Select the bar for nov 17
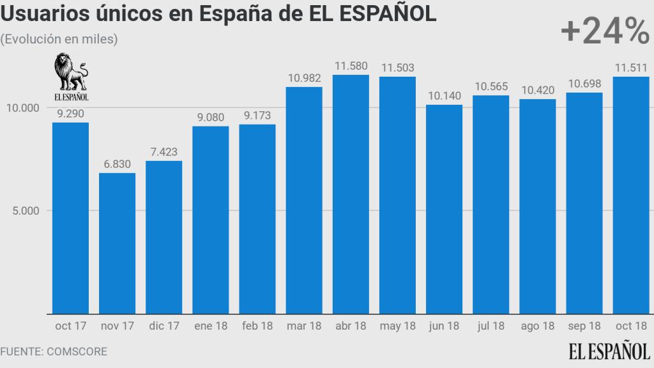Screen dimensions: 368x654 pyautogui.click(x=117, y=243)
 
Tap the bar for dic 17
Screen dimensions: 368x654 pyautogui.click(x=163, y=237)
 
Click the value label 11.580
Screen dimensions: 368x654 pyautogui.click(x=351, y=66)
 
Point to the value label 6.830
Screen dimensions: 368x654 pyautogui.click(x=117, y=164)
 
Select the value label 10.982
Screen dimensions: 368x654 pyautogui.click(x=304, y=78)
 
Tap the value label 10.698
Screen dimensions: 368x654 pyautogui.click(x=584, y=84)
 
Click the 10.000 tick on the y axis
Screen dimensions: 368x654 pyautogui.click(x=23, y=107)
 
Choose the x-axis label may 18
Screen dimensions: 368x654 pyautogui.click(x=397, y=326)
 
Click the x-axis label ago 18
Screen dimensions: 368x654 pyautogui.click(x=537, y=326)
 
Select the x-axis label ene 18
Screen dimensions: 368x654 pyautogui.click(x=210, y=326)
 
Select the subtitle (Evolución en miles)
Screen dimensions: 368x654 pyautogui.click(x=59, y=39)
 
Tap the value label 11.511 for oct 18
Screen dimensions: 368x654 pyautogui.click(x=630, y=67)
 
